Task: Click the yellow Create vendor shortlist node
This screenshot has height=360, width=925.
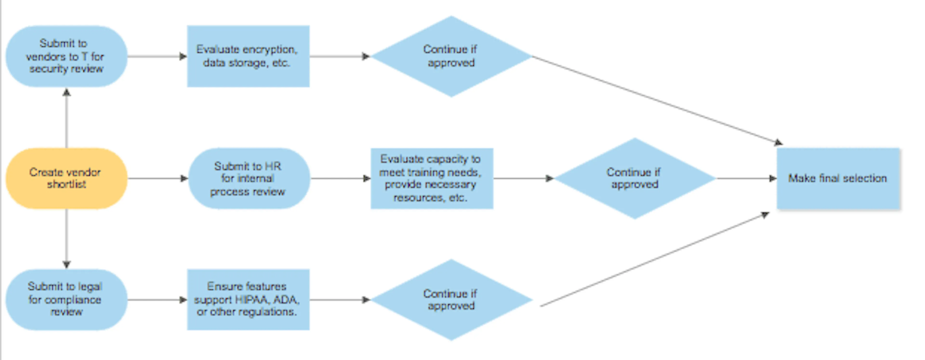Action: click(x=66, y=178)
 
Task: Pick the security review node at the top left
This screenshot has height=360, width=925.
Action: click(x=66, y=56)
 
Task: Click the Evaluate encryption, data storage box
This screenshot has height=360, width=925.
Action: click(x=248, y=56)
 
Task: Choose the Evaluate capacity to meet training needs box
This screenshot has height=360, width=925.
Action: click(x=432, y=178)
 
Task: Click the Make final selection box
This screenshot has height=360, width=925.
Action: click(x=838, y=178)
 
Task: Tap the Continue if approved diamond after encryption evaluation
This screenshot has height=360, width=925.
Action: click(x=451, y=56)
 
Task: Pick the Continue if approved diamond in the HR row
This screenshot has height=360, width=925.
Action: click(x=634, y=178)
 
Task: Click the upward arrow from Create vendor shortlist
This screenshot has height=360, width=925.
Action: click(x=66, y=118)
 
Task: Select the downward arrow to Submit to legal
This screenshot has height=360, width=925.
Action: click(x=66, y=239)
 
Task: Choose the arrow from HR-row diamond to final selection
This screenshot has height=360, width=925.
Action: click(x=745, y=178)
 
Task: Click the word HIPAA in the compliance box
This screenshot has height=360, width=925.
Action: click(x=250, y=299)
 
